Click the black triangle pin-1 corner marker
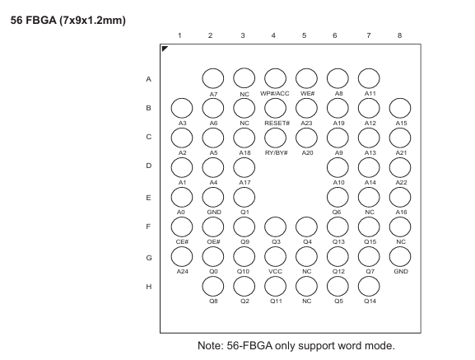[164, 48]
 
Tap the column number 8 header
[399, 35]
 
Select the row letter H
[148, 287]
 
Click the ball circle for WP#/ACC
[275, 78]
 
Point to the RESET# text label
[277, 123]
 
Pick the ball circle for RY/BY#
[275, 138]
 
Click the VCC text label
[275, 271]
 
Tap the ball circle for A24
[182, 257]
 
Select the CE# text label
[182, 241]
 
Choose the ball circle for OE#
[213, 227]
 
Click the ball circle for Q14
[369, 287]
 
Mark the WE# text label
[308, 94]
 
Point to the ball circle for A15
[400, 108]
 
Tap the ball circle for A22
[400, 167]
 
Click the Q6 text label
[337, 212]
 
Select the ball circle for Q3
[275, 227]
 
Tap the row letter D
[148, 166]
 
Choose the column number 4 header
[273, 35]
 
